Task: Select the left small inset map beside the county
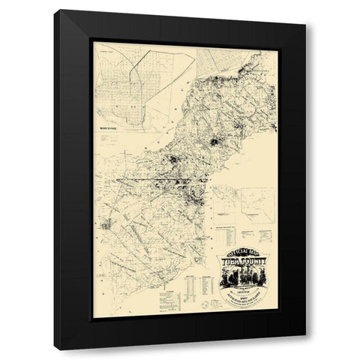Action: [x=226, y=196]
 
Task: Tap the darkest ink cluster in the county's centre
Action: [x=217, y=142]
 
